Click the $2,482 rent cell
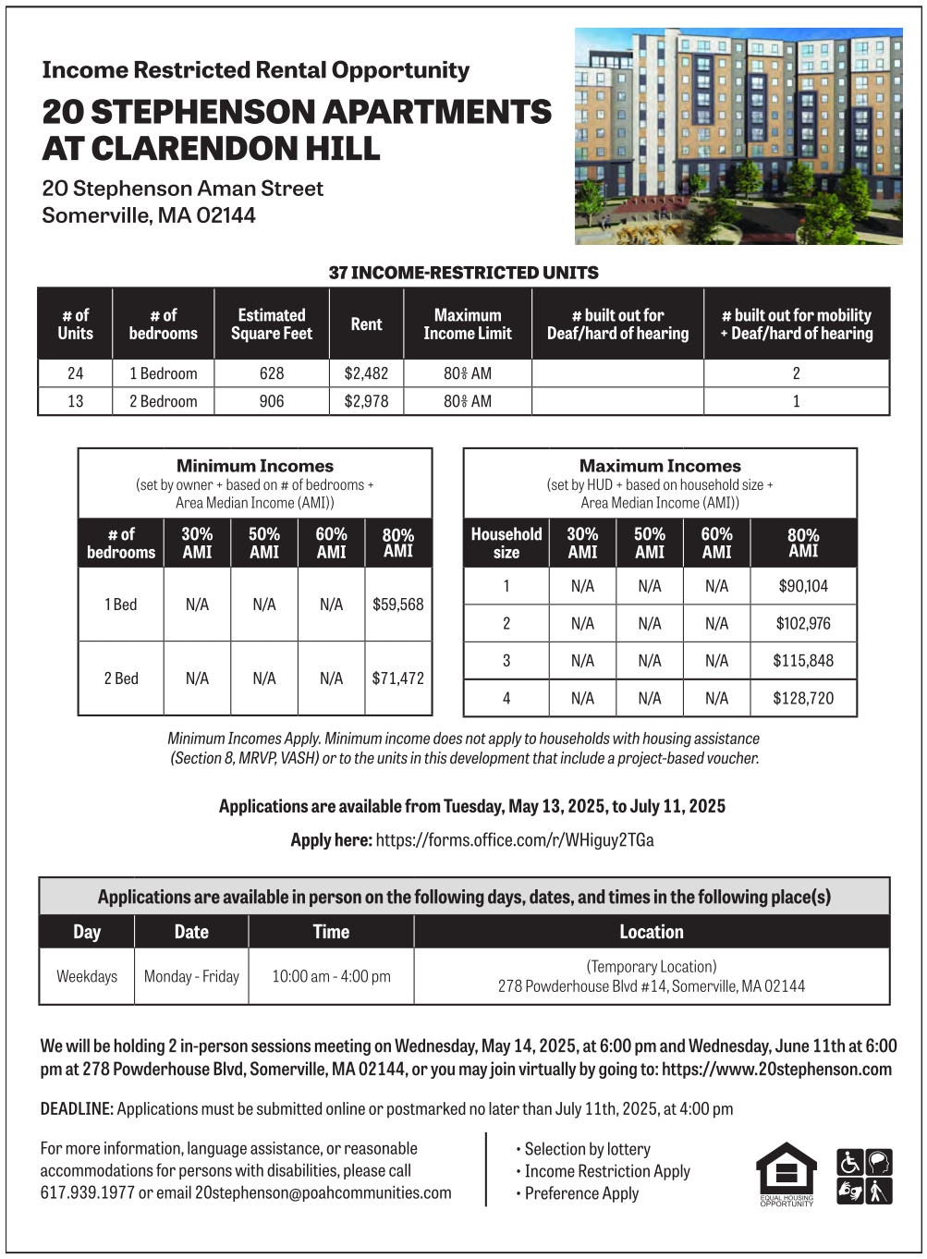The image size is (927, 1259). (366, 373)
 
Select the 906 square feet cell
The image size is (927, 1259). (272, 401)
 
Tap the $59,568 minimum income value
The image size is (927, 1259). (398, 605)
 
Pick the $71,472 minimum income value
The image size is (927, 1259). (398, 678)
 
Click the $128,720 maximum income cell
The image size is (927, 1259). (803, 698)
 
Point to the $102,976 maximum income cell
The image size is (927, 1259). (803, 623)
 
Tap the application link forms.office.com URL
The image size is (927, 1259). (515, 840)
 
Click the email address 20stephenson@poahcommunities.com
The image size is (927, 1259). (323, 1192)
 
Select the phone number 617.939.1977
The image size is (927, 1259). (88, 1192)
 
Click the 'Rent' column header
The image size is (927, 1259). (366, 324)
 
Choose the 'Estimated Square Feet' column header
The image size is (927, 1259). (272, 324)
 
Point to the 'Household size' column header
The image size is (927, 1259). (506, 543)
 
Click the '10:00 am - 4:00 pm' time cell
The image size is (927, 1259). (331, 976)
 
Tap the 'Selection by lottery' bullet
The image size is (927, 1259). (587, 1149)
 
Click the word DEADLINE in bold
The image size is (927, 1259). (77, 1108)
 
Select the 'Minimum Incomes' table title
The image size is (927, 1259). (255, 466)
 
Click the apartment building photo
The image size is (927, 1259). (738, 136)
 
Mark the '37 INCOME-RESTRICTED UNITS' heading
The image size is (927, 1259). (463, 273)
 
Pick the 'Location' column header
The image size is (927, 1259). (652, 932)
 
